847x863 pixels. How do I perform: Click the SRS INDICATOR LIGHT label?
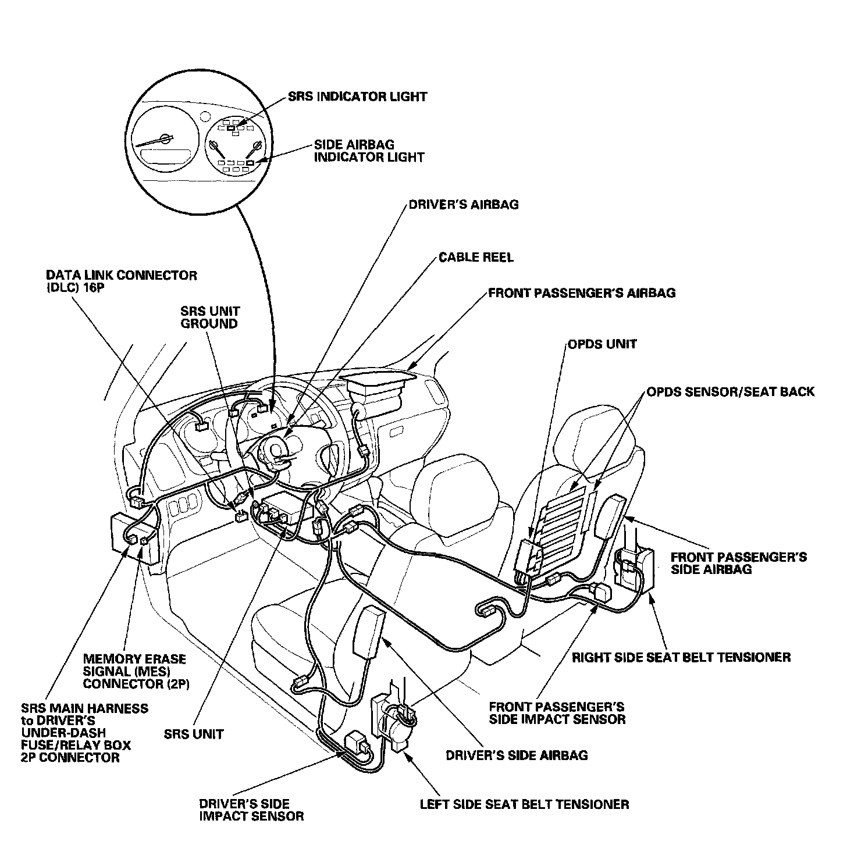click(x=357, y=97)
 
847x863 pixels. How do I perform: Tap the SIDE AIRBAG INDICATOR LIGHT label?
click(x=369, y=151)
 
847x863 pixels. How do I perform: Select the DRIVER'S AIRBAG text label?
click(x=463, y=205)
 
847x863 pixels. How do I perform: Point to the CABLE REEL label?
click(x=476, y=257)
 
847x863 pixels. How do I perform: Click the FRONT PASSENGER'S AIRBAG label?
click(x=582, y=293)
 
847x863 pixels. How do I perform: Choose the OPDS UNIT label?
click(x=602, y=344)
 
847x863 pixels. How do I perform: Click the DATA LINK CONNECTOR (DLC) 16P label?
click(x=121, y=281)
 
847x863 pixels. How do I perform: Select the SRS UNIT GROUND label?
click(x=209, y=318)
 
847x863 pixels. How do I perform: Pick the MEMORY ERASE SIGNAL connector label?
click(x=135, y=671)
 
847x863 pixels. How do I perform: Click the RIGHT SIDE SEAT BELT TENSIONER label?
click(x=681, y=658)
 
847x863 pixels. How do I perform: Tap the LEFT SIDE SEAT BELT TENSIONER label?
click(x=524, y=805)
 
